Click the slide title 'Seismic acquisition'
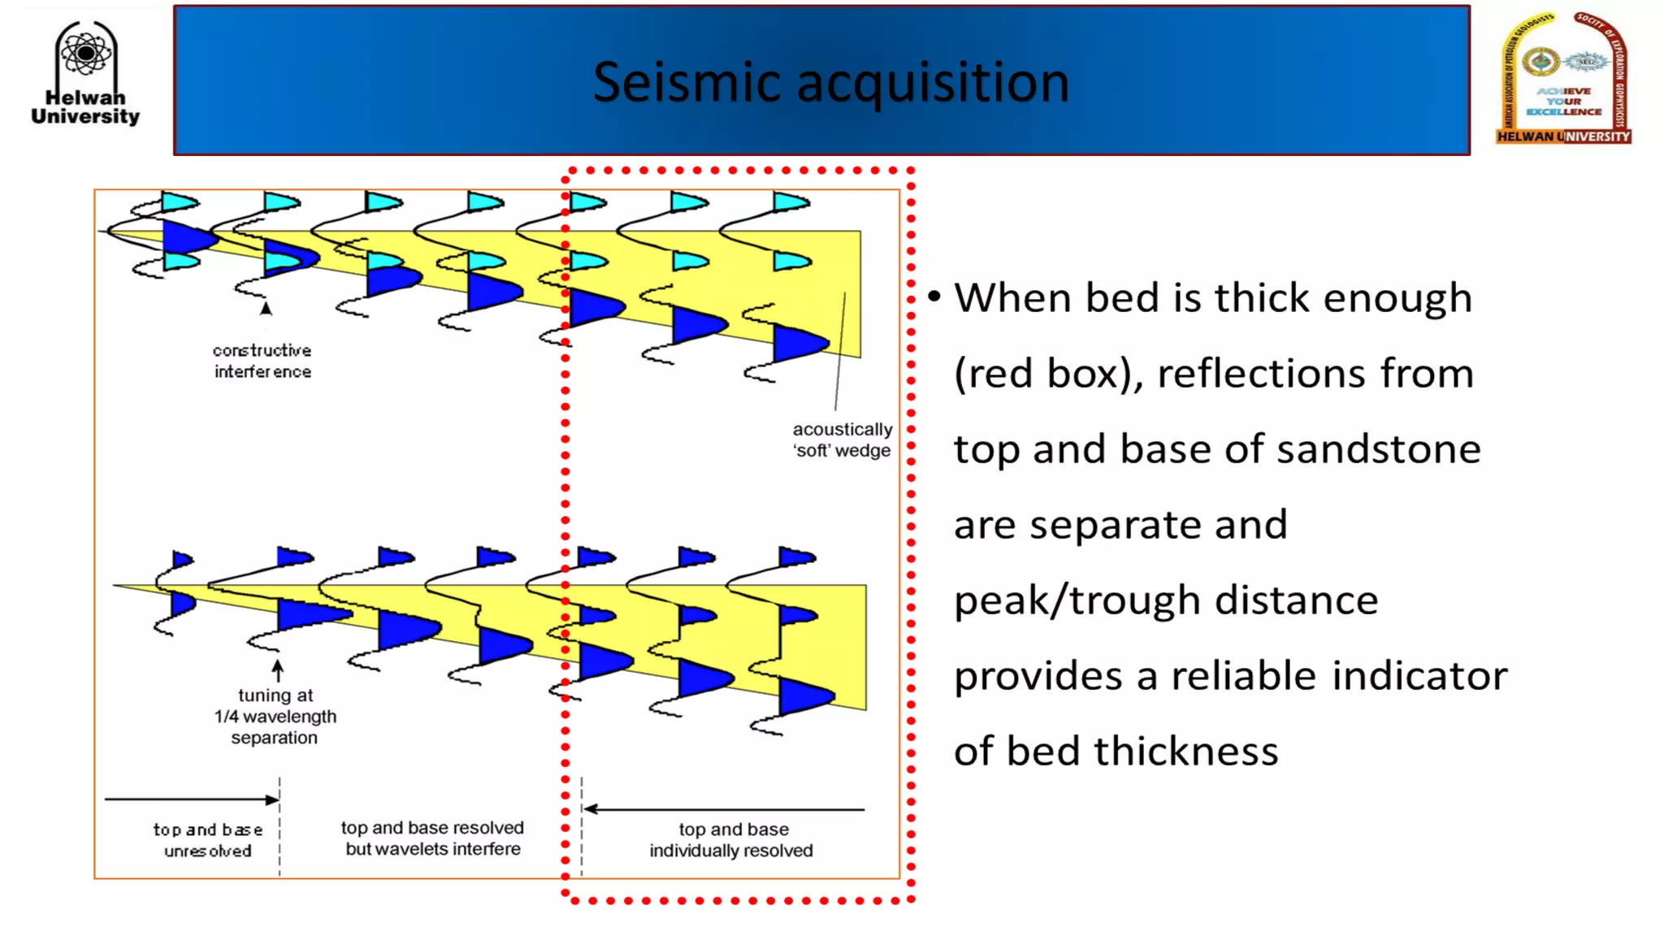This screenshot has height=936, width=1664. [830, 82]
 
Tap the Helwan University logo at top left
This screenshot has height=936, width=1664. [85, 74]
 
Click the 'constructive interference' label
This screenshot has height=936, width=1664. [262, 361]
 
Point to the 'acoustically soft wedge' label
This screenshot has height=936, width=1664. [842, 440]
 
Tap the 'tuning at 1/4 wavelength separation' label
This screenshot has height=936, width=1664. [275, 717]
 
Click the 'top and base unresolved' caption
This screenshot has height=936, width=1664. [208, 840]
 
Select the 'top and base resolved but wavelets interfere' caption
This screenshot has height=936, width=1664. [432, 838]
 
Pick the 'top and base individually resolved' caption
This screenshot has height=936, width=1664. [731, 840]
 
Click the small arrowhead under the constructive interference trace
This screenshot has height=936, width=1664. [266, 309]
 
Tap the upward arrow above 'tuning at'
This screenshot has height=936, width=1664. [278, 670]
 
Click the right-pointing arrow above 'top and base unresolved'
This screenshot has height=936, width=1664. [192, 799]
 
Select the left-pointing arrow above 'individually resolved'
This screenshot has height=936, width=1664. [723, 809]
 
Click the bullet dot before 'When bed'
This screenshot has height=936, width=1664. [934, 297]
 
